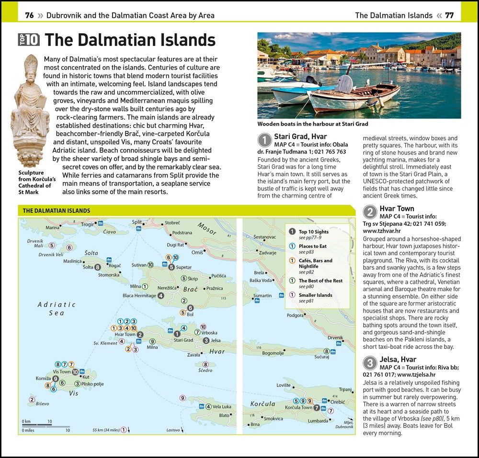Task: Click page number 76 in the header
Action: point(29,15)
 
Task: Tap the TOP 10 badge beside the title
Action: point(29,39)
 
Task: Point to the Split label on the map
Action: point(137,222)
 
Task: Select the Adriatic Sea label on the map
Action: point(57,308)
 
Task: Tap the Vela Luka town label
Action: point(222,407)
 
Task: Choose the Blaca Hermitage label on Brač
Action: point(139,295)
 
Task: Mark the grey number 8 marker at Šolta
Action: point(98,267)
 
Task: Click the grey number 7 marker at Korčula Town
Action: point(316,408)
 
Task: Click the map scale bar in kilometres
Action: point(36,425)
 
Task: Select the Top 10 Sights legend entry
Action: point(314,232)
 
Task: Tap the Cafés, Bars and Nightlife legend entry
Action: point(315,263)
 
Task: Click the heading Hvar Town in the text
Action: point(397,209)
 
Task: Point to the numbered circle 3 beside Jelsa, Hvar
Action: point(369,363)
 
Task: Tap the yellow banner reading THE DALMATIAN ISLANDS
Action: point(57,211)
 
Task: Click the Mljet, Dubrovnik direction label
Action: point(344,424)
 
